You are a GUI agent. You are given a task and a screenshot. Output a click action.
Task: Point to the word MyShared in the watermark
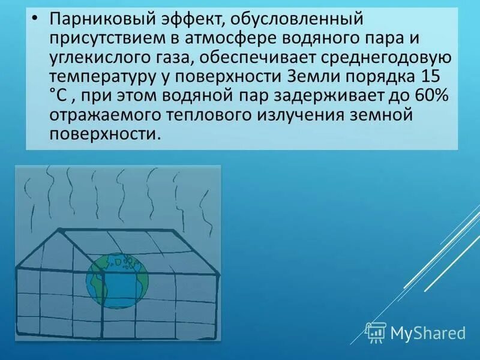pos(428,332)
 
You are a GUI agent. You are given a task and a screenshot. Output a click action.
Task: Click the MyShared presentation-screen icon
pos(376,332)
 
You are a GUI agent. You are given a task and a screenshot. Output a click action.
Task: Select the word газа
pos(167,58)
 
